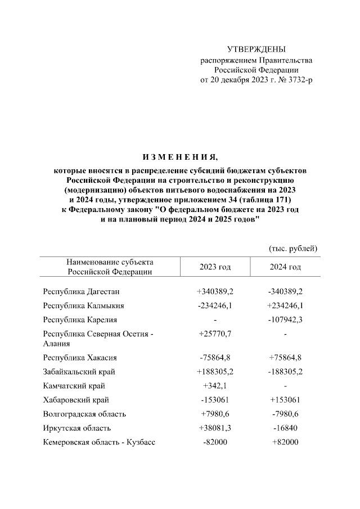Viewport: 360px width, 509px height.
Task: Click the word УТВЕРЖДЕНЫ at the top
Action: coord(256,49)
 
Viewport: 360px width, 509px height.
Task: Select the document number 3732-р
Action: coord(295,80)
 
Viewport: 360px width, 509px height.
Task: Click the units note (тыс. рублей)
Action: coord(291,247)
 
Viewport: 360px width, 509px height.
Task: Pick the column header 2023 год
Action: coord(215,267)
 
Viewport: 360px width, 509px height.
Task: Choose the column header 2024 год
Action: coord(285,267)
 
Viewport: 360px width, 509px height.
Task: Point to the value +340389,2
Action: coord(215,291)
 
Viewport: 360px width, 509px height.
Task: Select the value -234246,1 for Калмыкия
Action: coord(215,306)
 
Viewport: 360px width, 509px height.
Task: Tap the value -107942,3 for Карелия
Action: coord(285,320)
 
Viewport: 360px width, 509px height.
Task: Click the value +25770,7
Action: coord(215,334)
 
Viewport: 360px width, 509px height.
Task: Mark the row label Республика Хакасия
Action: coord(80,357)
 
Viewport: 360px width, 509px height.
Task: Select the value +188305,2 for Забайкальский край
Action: coord(215,372)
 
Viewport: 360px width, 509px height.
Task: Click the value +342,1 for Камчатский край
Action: coord(215,386)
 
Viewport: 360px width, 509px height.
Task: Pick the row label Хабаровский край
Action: coord(76,400)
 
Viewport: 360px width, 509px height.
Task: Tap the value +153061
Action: coord(285,400)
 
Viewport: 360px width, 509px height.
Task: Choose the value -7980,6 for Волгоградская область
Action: coord(285,414)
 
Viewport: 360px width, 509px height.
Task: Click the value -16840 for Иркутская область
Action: coord(285,428)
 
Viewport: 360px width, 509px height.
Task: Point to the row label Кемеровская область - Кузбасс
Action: coord(98,442)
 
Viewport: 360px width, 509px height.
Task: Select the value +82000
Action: coord(285,442)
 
